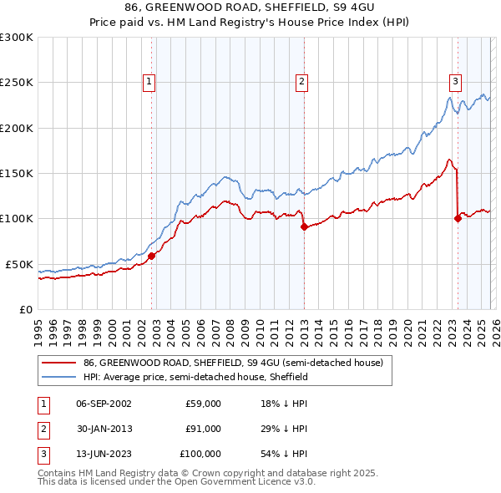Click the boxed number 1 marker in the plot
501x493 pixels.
pos(149,81)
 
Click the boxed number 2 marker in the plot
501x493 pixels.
pos(301,81)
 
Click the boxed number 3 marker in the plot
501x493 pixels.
pos(455,81)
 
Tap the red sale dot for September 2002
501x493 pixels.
pos(151,257)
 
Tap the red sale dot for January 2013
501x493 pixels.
pos(304,227)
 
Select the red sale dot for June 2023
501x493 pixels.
pos(458,219)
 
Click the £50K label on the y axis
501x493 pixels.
pos(19,264)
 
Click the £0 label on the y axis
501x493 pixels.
pos(25,309)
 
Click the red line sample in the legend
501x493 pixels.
pos(59,363)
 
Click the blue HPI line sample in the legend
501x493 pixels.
pos(59,377)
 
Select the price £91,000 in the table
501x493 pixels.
pos(204,429)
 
